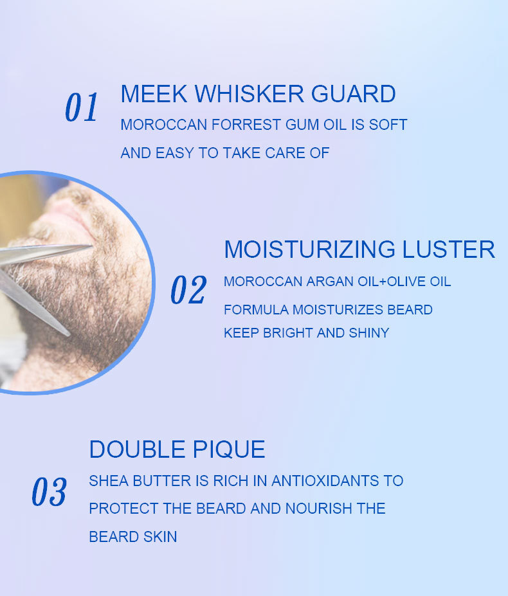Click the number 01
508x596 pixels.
click(82, 107)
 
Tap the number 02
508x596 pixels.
click(188, 289)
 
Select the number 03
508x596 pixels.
click(50, 492)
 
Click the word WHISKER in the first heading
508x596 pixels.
click(249, 94)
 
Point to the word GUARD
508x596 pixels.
click(354, 94)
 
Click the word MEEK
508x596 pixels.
click(154, 94)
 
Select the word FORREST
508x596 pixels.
click(246, 125)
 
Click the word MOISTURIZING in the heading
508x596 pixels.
click(310, 249)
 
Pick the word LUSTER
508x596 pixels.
click(449, 249)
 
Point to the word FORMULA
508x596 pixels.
click(257, 310)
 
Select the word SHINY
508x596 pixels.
click(369, 333)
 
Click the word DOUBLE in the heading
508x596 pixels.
click(138, 449)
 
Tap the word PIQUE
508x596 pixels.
click(229, 450)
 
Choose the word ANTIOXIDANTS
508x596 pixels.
click(325, 481)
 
